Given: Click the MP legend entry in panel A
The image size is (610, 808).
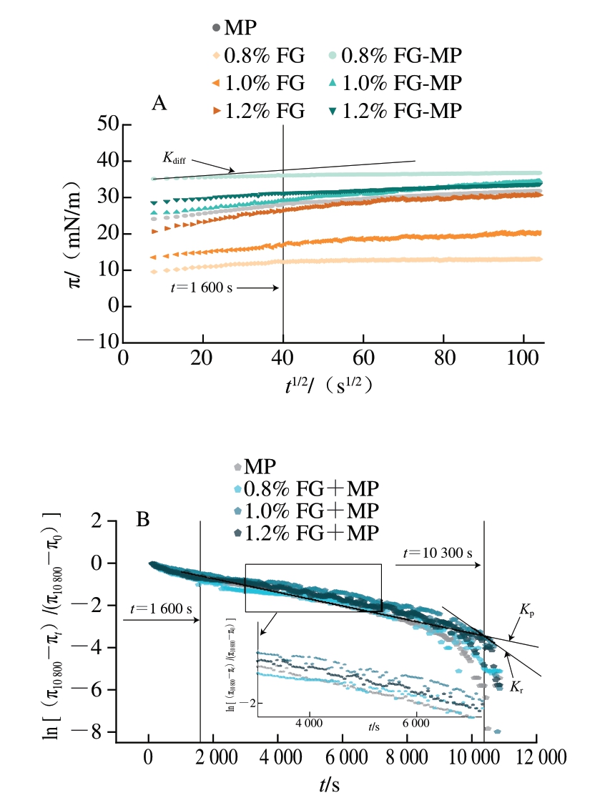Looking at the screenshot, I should coord(233,29).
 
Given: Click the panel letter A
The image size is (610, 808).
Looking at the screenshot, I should coord(159,103).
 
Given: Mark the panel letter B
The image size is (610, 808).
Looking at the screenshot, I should coord(143,520).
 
